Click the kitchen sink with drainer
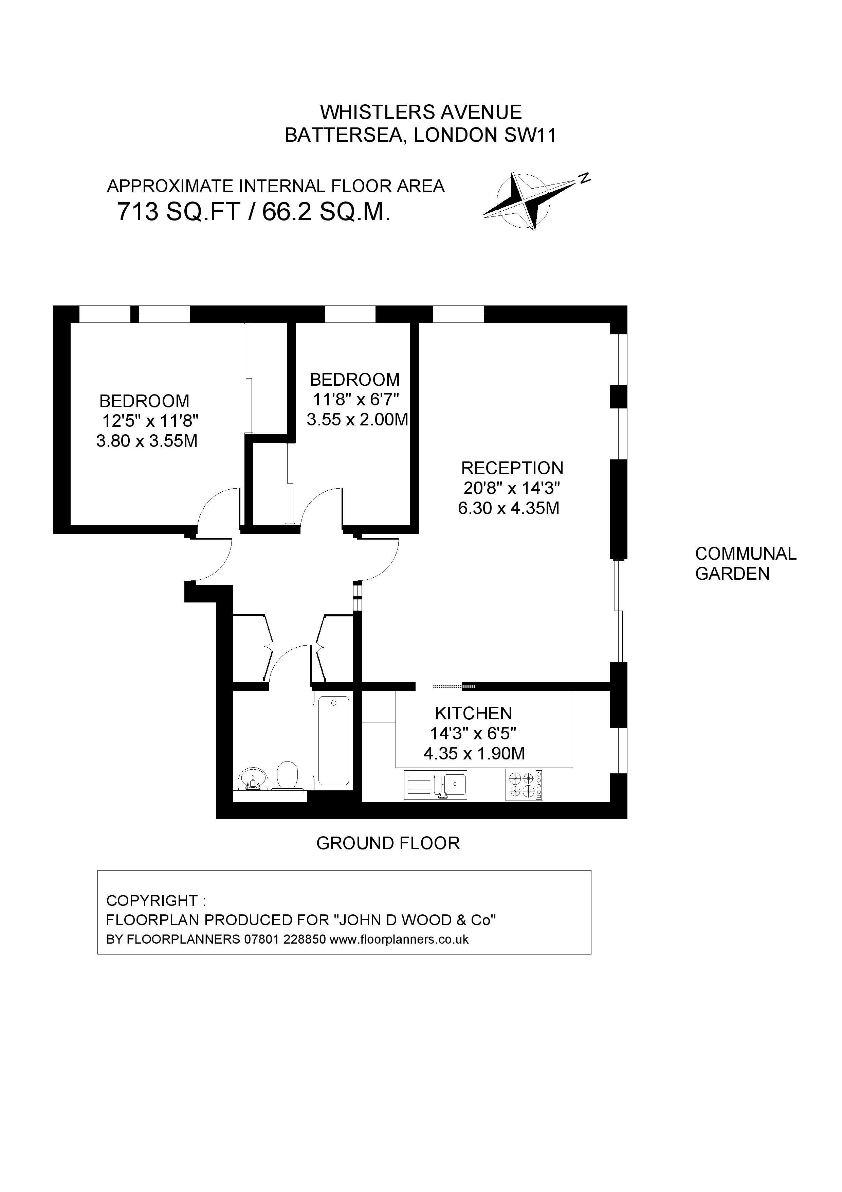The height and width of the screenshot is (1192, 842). (436, 785)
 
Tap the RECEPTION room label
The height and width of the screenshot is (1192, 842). (512, 468)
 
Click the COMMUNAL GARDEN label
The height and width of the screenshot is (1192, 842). (746, 563)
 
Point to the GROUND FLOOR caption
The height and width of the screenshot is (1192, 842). (388, 843)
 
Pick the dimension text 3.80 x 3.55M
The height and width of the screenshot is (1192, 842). (147, 441)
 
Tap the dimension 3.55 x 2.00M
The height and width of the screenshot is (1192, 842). (358, 420)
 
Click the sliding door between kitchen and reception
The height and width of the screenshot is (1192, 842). (454, 686)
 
